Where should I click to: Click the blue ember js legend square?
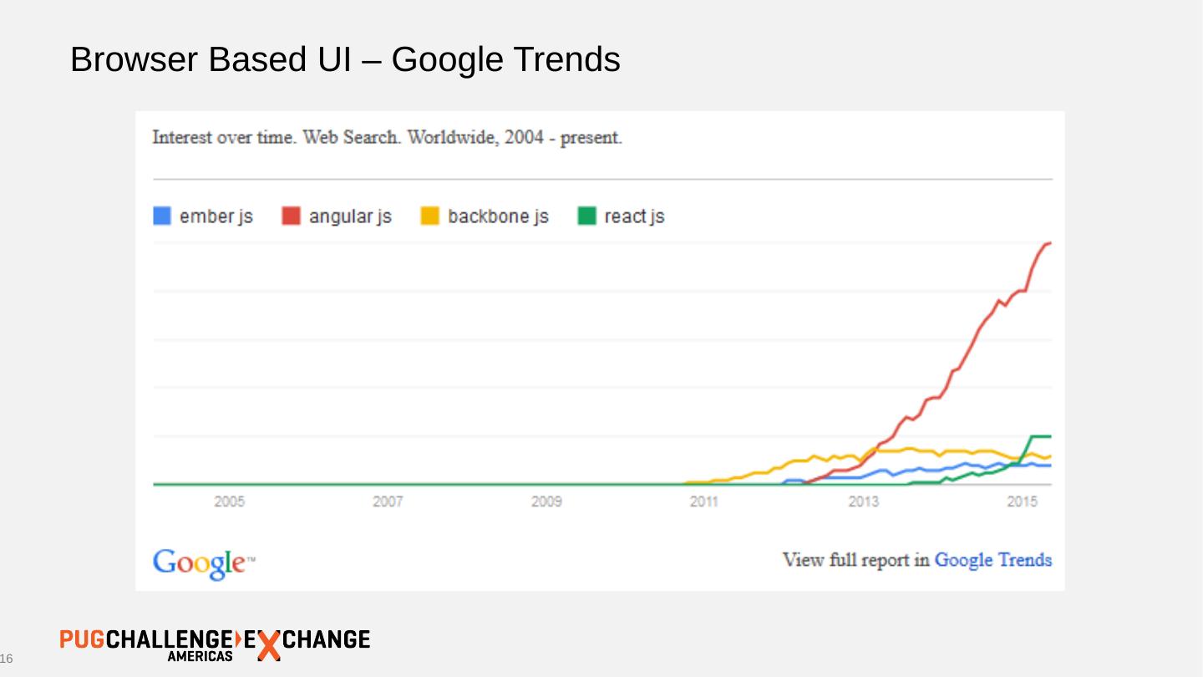click(x=162, y=216)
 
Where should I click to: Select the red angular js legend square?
click(x=292, y=216)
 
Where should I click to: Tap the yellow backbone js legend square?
click(x=429, y=216)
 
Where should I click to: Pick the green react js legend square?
click(x=587, y=216)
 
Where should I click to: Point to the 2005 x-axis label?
click(x=230, y=502)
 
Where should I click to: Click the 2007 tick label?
click(x=388, y=502)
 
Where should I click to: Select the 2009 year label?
click(x=546, y=502)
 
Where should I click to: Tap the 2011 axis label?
click(x=704, y=502)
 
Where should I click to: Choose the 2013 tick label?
click(x=863, y=502)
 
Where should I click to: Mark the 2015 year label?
click(x=1022, y=502)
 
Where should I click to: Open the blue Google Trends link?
click(x=992, y=560)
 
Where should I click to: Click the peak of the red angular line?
click(x=1048, y=243)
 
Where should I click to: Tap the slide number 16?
click(x=7, y=660)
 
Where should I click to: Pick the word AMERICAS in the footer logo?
click(x=200, y=657)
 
